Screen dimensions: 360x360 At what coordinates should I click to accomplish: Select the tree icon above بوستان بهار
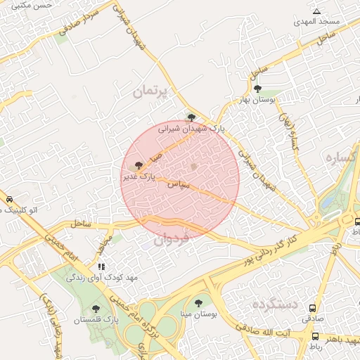[x=258, y=89]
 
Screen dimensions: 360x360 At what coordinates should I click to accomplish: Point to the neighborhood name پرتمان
[x=152, y=91]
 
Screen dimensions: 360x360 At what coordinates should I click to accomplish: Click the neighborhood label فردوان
[x=172, y=240]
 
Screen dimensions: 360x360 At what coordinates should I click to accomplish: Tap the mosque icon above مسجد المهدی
[x=317, y=11]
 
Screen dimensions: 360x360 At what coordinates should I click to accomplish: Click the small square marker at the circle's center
[x=195, y=167]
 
